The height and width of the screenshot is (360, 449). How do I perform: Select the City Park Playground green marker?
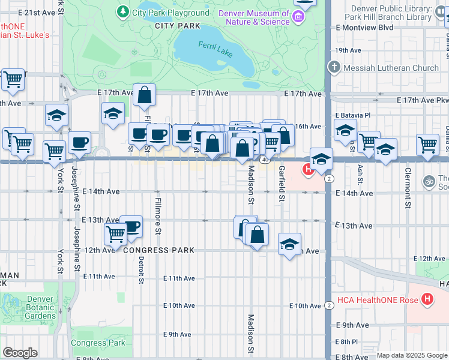[123, 12]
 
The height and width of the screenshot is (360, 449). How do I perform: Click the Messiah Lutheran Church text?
[391, 68]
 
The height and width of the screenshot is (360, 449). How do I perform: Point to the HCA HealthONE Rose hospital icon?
[427, 299]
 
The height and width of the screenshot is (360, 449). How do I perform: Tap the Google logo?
[20, 353]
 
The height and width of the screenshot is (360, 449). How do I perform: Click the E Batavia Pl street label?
[354, 114]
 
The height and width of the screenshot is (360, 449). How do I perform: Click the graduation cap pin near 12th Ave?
[289, 244]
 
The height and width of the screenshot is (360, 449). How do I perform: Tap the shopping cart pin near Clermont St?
[427, 144]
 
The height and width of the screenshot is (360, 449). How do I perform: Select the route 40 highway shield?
[264, 159]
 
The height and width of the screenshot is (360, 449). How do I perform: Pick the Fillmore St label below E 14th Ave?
[158, 216]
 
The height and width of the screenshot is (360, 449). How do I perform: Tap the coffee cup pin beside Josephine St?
[79, 143]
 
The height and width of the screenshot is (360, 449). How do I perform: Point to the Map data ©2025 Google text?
[412, 355]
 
